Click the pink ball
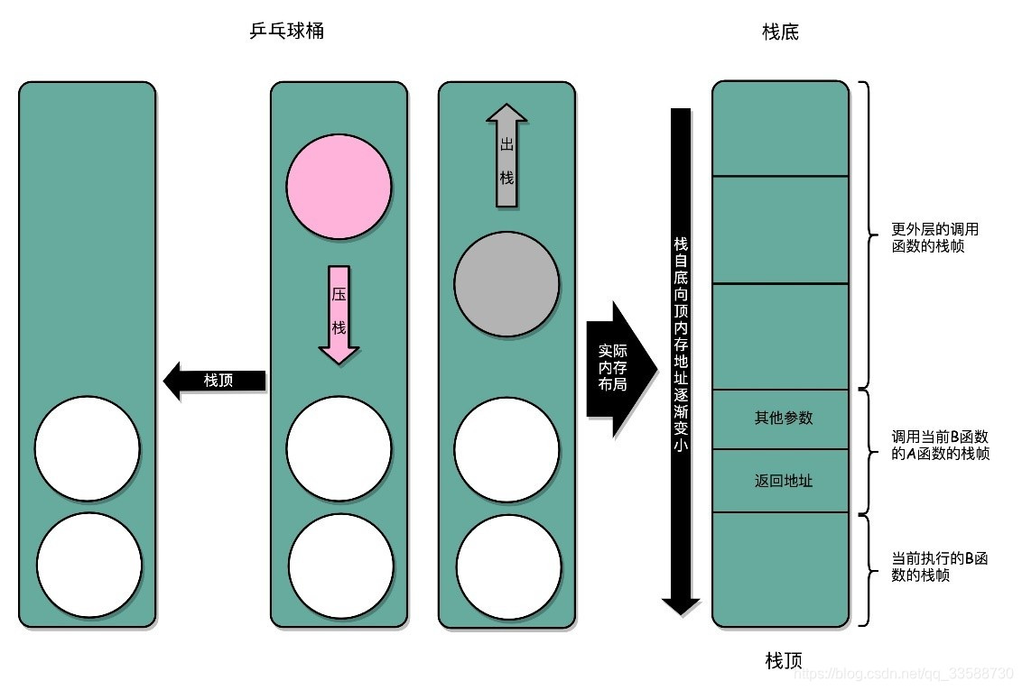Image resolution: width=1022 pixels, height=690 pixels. (339, 188)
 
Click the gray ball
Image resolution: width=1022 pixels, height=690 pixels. (506, 284)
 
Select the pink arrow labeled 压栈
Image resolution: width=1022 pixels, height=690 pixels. (339, 314)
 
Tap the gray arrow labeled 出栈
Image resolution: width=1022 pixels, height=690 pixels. (506, 155)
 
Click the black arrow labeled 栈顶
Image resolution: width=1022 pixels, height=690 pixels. (215, 381)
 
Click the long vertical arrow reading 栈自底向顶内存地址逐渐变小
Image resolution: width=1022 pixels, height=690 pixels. (681, 361)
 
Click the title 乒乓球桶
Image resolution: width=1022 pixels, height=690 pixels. (286, 32)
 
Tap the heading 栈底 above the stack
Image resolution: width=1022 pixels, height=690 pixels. (781, 33)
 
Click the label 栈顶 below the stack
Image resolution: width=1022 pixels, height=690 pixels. (783, 661)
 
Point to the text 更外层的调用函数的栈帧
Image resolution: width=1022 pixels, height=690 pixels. (934, 237)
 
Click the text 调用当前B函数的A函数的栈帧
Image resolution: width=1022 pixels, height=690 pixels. (940, 445)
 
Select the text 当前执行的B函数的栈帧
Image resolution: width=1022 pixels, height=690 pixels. (939, 566)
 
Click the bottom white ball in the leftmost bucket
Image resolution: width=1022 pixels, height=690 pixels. (88, 565)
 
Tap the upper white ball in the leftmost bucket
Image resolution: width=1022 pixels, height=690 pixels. (88, 447)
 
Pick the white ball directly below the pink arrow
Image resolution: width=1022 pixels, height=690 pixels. (339, 447)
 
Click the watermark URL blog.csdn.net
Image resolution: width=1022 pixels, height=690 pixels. (904, 674)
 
